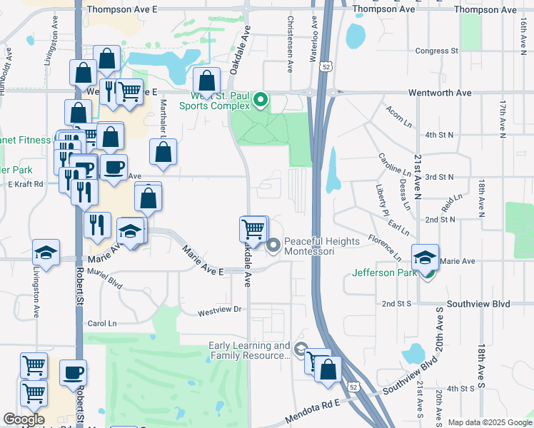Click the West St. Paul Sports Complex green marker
click(261, 101)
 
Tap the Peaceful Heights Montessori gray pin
click(273, 247)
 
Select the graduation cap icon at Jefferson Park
click(425, 258)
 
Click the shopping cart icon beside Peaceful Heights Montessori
click(253, 229)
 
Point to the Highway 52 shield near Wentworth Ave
click(326, 66)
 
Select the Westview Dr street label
click(221, 311)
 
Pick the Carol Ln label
click(101, 323)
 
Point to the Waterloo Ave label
click(313, 32)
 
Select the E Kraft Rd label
click(26, 184)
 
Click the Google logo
click(24, 419)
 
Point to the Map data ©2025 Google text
click(490, 422)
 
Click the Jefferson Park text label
click(386, 272)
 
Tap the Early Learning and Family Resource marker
click(301, 350)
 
